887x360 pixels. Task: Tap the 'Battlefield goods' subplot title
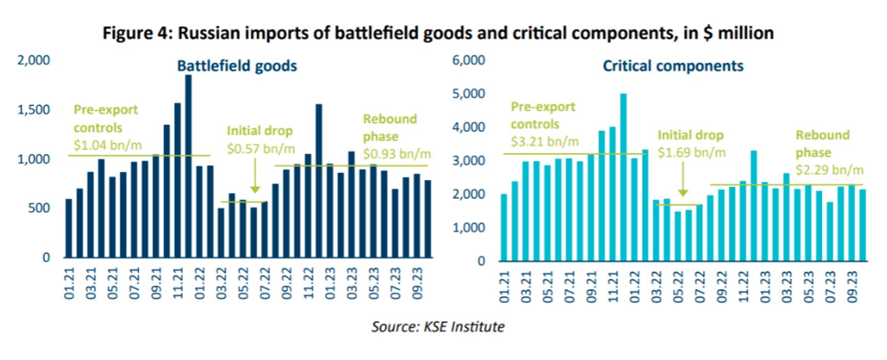pos(237,66)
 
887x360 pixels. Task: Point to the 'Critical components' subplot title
pos(673,66)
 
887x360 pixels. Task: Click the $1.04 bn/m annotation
pos(108,145)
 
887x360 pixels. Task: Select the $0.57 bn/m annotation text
pos(261,149)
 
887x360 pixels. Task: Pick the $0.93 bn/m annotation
pos(397,154)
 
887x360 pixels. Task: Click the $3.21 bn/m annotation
pos(544,141)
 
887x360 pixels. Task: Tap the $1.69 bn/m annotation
pos(691,153)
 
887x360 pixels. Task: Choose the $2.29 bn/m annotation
pos(829,170)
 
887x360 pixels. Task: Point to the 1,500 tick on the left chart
pos(34,110)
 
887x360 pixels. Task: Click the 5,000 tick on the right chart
pos(469,94)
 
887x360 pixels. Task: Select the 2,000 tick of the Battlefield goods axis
pos(34,60)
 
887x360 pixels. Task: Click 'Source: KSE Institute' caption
pos(438,326)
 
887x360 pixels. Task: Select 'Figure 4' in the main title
pos(136,33)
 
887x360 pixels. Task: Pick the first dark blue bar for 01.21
pos(69,228)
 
